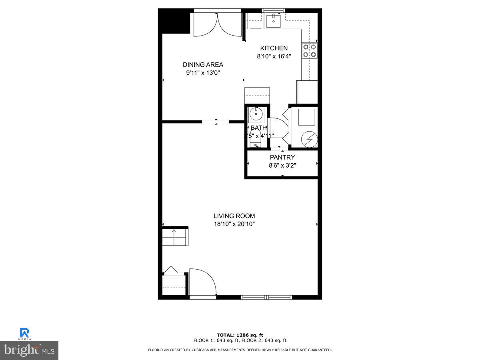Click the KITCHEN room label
(x=274, y=48)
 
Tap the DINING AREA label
(x=203, y=65)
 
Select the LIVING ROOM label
(x=234, y=216)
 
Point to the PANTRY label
(x=282, y=157)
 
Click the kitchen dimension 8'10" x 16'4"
(x=274, y=56)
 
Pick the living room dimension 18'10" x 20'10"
(x=234, y=224)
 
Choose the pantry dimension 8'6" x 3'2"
(x=282, y=165)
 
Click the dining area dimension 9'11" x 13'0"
(x=203, y=73)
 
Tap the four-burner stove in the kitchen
(x=310, y=51)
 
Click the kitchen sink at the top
(x=274, y=21)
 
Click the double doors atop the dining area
(x=217, y=24)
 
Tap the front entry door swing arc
(x=203, y=282)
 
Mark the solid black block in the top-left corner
(x=174, y=21)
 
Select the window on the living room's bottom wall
(x=266, y=297)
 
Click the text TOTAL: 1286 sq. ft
(x=240, y=335)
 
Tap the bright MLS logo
(x=29, y=350)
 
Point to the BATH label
(x=258, y=128)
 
